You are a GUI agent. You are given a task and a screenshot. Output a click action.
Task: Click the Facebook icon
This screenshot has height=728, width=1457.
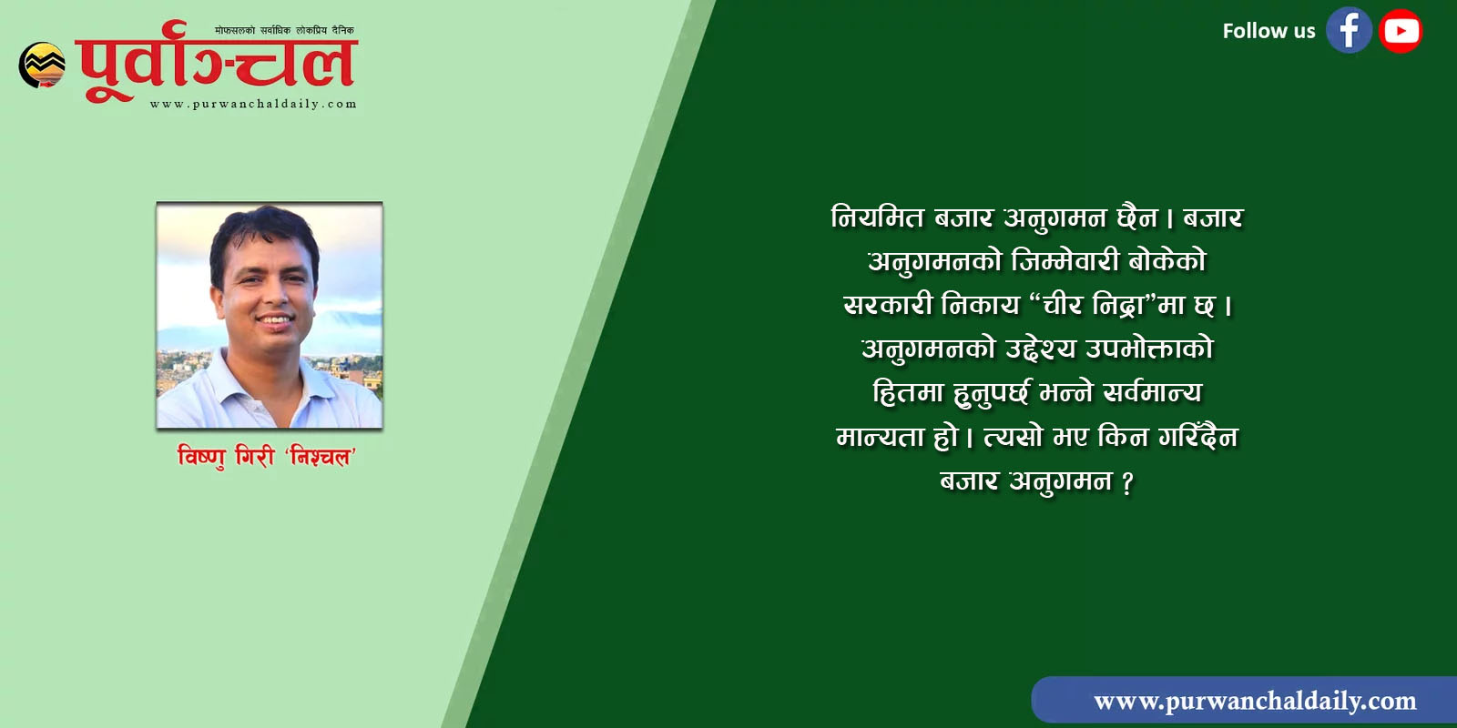(1349, 31)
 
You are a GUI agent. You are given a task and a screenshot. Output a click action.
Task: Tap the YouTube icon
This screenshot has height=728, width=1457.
(1401, 31)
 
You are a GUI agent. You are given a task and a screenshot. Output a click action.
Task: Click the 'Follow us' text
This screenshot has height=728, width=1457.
(1269, 31)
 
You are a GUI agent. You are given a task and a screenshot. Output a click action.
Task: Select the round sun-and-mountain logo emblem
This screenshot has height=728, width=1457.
(42, 65)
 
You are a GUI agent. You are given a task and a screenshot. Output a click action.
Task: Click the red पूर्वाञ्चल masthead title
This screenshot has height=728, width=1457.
(216, 63)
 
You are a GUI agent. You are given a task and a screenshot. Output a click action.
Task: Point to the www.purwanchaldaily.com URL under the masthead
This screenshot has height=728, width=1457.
(253, 104)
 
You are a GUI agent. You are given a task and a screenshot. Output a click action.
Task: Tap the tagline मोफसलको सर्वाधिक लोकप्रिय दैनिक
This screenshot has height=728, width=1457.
(284, 30)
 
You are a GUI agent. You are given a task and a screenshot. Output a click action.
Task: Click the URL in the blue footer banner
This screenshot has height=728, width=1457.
(1255, 702)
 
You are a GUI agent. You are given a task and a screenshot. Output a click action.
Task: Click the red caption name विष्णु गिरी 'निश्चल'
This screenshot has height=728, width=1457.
(267, 456)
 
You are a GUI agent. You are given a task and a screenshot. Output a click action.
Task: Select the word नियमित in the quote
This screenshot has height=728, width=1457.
(878, 217)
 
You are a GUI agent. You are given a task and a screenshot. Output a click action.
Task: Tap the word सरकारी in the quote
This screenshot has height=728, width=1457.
(888, 305)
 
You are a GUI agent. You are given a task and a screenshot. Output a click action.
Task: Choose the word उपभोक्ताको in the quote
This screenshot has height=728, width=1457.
(1149, 349)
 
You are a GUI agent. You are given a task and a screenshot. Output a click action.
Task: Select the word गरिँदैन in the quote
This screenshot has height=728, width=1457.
(1198, 436)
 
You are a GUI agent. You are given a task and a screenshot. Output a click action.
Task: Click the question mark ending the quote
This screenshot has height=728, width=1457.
(1127, 482)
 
